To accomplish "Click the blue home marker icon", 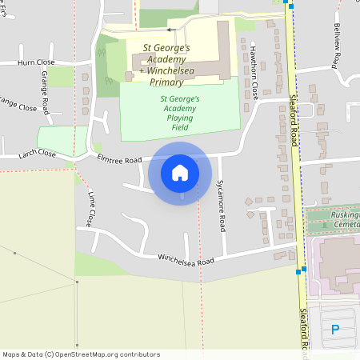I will pyautogui.click(x=180, y=172).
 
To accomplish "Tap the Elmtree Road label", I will pyautogui.click(x=118, y=159).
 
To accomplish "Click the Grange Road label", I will pyautogui.click(x=46, y=92).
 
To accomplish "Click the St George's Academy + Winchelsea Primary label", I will pyautogui.click(x=166, y=65).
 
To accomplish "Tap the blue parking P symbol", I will pyautogui.click(x=335, y=330).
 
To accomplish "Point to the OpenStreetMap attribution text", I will pyautogui.click(x=81, y=354).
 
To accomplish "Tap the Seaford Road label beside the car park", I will pyautogui.click(x=304, y=332).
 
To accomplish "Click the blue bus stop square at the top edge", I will pyautogui.click(x=292, y=6).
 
